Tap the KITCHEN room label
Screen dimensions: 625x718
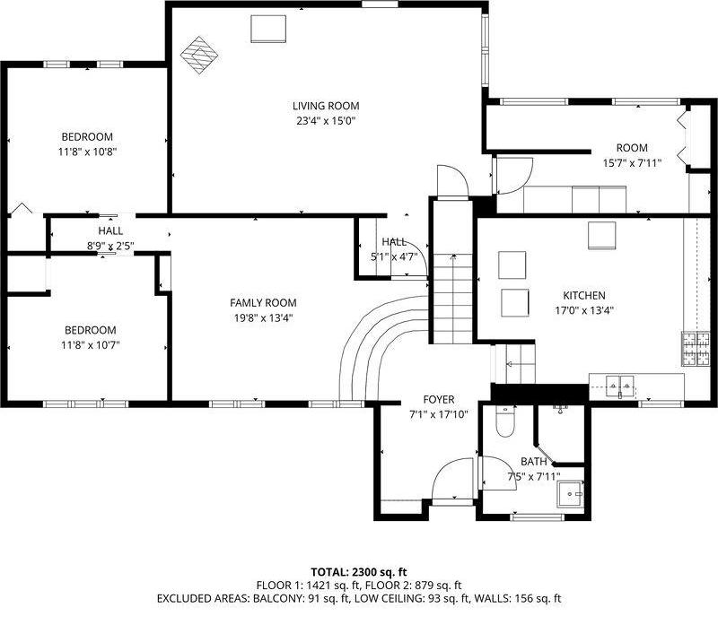tap(583, 296)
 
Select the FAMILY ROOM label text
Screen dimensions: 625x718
tap(263, 303)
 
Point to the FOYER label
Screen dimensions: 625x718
tap(439, 399)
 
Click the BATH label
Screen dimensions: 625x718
tap(533, 462)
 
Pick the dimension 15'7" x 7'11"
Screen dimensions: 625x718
tap(631, 163)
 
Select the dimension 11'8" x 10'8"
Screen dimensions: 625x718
tap(87, 152)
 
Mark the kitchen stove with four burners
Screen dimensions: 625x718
tap(695, 351)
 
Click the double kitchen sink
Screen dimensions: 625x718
tap(620, 387)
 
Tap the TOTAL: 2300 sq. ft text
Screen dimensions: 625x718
tap(359, 571)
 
